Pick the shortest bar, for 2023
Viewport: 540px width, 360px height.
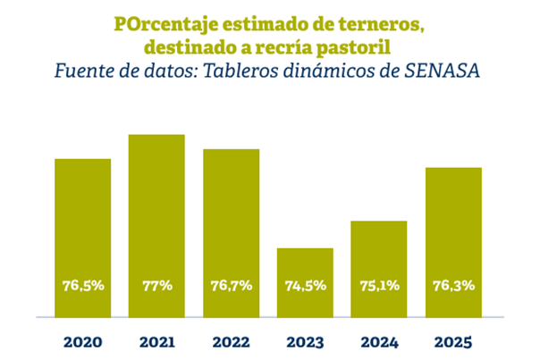305,268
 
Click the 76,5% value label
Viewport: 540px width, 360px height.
83,286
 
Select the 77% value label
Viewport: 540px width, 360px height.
156,286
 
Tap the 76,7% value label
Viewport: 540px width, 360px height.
231,286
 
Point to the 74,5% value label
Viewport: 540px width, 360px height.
305,286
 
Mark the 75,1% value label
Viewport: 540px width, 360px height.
379,286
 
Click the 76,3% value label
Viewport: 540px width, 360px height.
453,286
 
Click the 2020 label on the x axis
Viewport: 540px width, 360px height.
83,341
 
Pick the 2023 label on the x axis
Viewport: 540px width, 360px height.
305,341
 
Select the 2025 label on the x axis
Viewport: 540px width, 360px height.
453,341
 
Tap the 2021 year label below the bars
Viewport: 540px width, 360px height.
156,341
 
